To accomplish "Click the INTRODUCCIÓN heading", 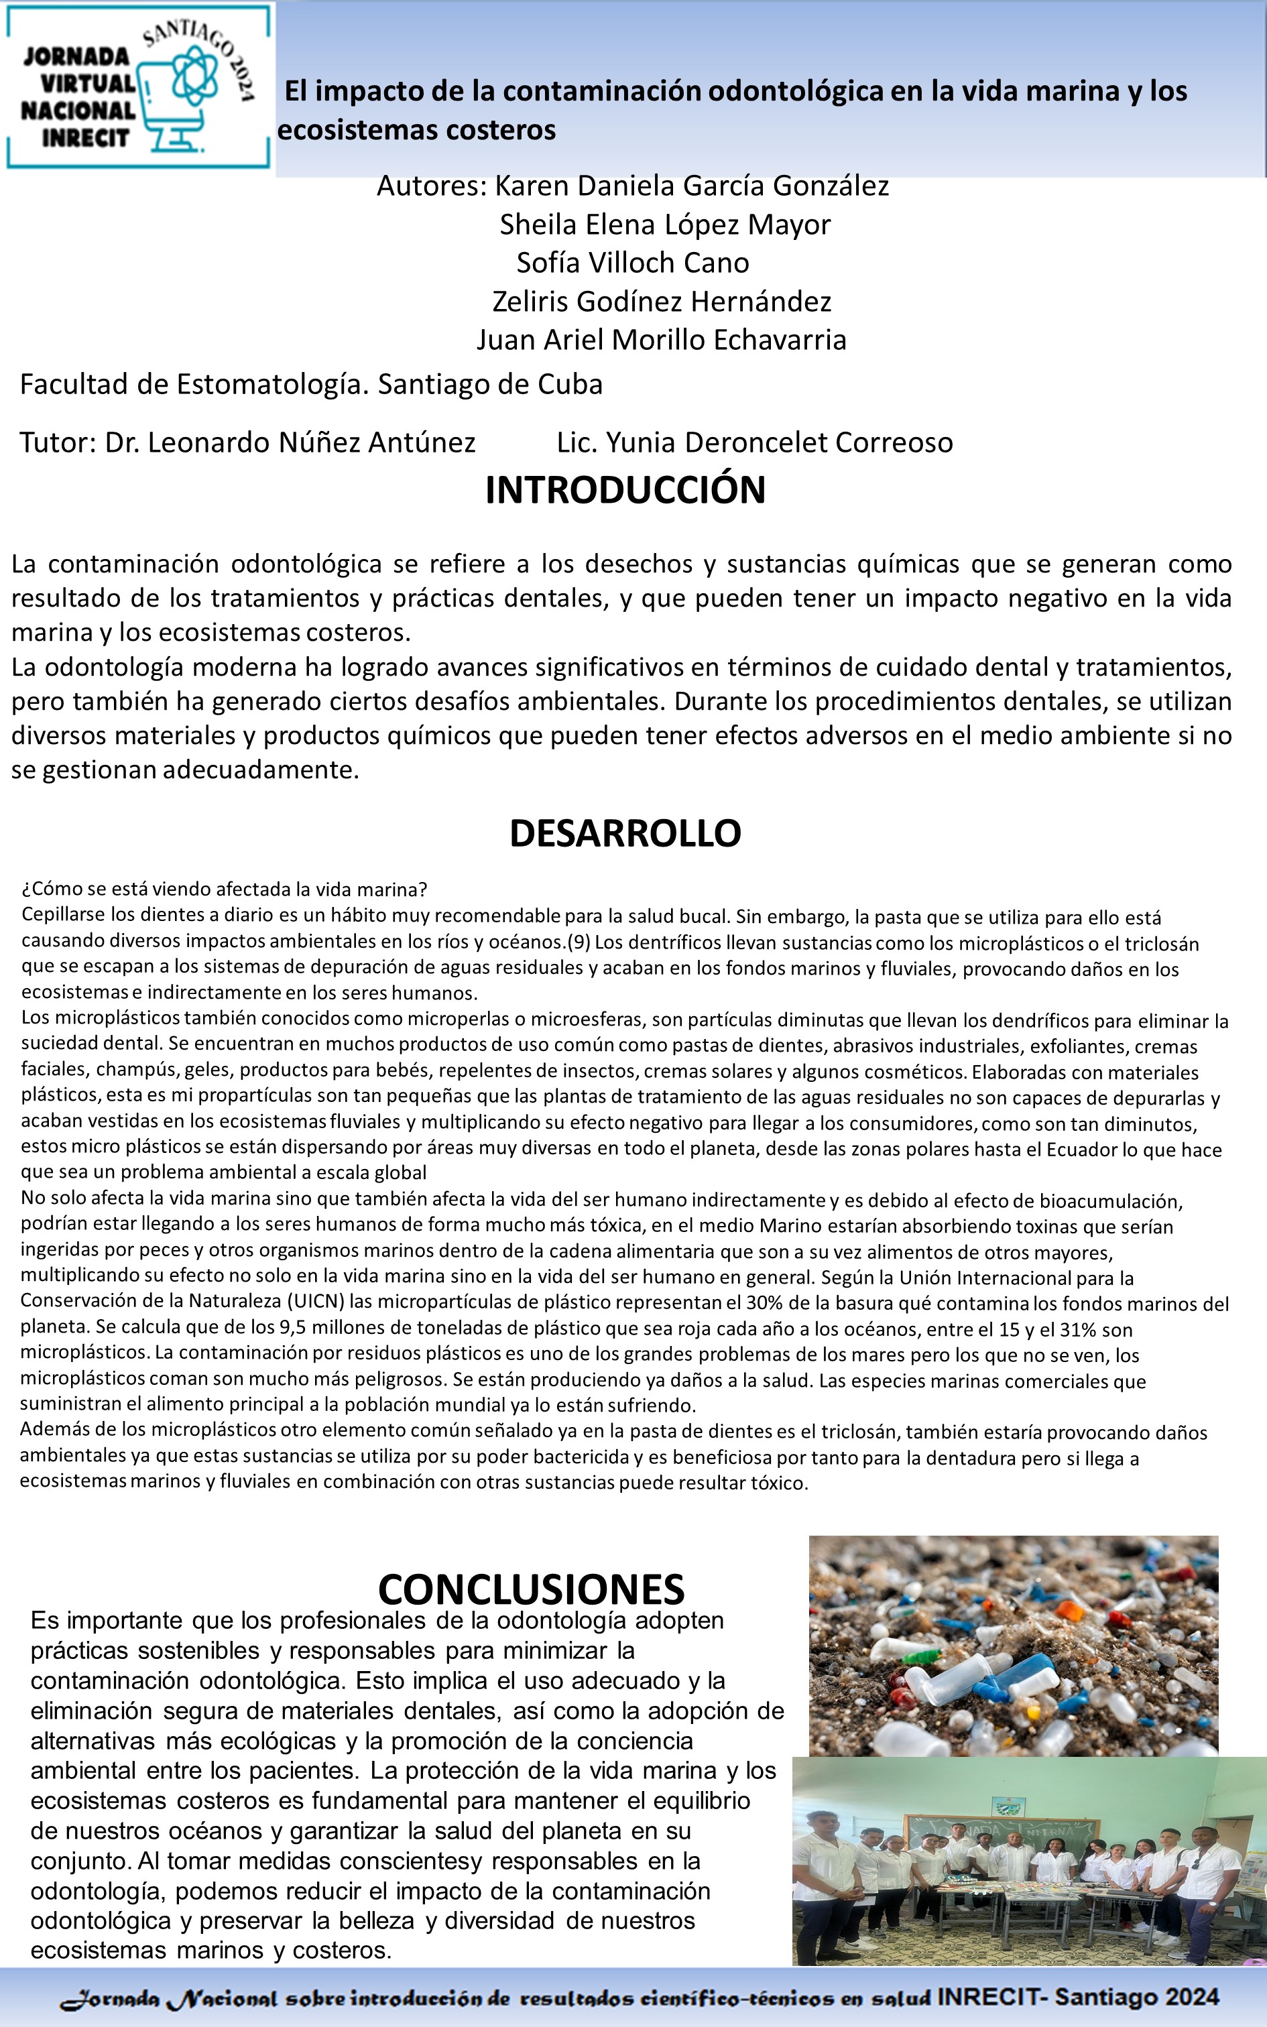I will (625, 490).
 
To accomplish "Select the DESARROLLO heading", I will (625, 833).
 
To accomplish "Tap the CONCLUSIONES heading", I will (531, 1588).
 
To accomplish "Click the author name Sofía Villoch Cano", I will (633, 262).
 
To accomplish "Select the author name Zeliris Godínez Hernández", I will (661, 301).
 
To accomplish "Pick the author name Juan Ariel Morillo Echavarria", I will (661, 339).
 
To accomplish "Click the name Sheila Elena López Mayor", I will (664, 224).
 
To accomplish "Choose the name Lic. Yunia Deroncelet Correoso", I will (755, 442).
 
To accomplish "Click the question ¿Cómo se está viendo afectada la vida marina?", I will (225, 889).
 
